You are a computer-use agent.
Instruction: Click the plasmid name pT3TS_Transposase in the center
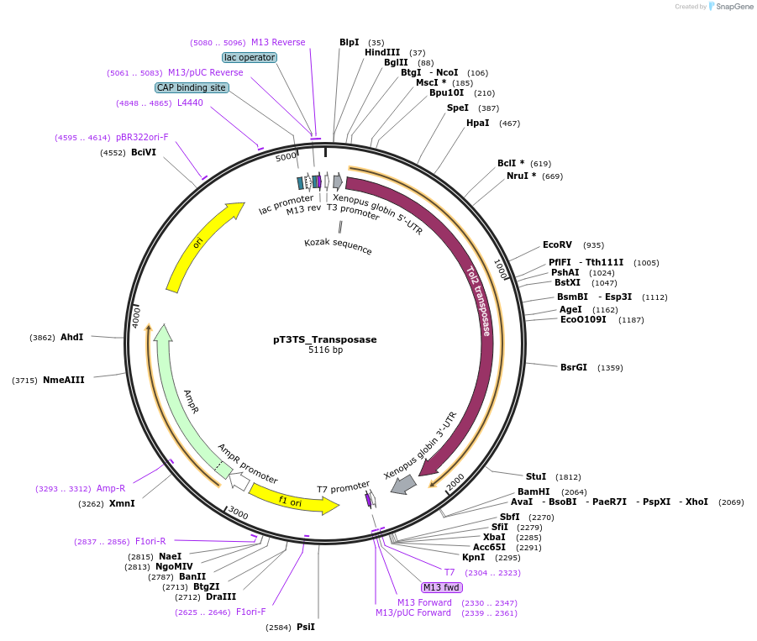(324, 339)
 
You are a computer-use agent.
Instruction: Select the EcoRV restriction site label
(557, 244)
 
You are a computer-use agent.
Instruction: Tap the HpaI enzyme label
(477, 123)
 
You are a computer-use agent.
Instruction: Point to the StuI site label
(536, 476)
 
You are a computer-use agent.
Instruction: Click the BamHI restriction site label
(534, 491)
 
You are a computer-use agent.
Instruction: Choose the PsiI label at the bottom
(306, 627)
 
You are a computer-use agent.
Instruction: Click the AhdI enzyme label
(71, 337)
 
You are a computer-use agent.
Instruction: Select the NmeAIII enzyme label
(64, 380)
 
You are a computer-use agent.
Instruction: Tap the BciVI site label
(144, 152)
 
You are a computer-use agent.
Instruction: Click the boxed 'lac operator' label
(250, 57)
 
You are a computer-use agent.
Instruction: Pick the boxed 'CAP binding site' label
(192, 87)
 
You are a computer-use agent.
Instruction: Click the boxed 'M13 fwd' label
(442, 587)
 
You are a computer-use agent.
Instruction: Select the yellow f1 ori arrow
(294, 501)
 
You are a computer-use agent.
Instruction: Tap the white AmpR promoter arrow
(239, 481)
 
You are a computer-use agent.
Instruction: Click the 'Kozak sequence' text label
(338, 246)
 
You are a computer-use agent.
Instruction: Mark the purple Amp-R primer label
(111, 488)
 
